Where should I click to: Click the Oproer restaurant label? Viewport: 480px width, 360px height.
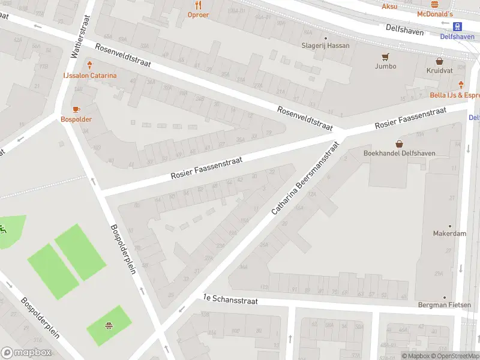(x=198, y=14)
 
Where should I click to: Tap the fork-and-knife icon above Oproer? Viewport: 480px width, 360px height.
(x=198, y=4)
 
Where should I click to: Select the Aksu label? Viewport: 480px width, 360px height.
(x=389, y=7)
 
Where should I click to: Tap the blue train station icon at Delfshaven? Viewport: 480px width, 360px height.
(x=458, y=26)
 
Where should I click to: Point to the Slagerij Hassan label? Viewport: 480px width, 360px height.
(x=325, y=46)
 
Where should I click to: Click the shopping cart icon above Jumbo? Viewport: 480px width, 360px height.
(x=385, y=57)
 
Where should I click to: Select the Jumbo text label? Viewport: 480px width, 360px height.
(x=385, y=66)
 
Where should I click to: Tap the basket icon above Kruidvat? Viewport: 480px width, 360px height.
(x=439, y=61)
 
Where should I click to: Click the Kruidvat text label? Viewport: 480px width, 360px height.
(x=439, y=70)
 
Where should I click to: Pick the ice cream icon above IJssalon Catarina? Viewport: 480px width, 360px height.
(x=90, y=65)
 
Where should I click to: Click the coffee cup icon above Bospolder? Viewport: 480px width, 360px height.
(x=76, y=109)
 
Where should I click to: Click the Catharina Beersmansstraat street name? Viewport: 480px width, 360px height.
(x=305, y=178)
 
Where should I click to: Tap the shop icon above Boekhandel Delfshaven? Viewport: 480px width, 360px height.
(x=399, y=144)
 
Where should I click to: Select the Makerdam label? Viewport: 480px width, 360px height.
(x=449, y=233)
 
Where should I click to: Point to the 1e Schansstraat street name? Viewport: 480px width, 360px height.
(x=230, y=300)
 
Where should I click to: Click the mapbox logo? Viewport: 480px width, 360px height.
(x=26, y=353)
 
